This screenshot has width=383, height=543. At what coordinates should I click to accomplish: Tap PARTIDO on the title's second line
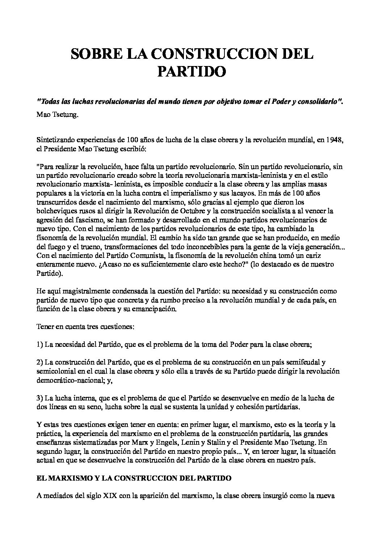191,71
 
